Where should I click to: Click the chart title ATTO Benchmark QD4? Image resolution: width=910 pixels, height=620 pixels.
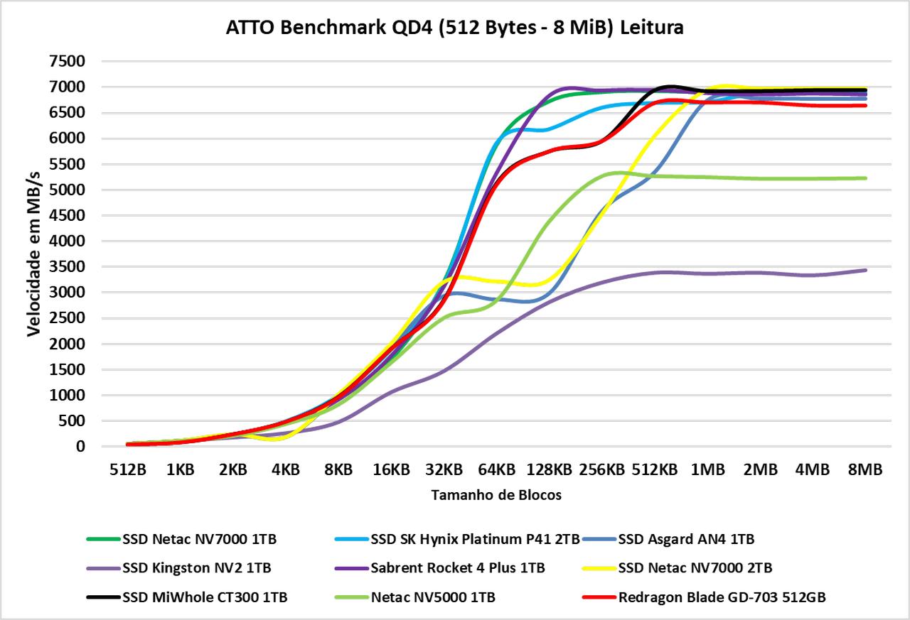pos(455,28)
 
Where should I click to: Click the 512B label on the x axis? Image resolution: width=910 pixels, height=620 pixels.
pos(127,470)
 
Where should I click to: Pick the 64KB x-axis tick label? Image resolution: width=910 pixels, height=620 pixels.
pos(496,470)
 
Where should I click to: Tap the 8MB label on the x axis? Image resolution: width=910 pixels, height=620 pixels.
pos(865,470)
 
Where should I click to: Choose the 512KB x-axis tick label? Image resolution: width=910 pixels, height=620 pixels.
pos(654,470)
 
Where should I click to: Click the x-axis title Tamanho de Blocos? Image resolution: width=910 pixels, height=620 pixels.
pos(496,496)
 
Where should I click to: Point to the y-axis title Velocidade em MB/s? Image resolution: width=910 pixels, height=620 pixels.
pos(34,254)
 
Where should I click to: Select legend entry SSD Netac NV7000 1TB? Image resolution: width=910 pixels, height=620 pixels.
pos(199,539)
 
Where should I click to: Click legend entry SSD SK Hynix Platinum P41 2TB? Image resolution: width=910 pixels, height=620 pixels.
pos(475,539)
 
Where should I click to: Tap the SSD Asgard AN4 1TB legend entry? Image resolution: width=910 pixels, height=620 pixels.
pos(686,539)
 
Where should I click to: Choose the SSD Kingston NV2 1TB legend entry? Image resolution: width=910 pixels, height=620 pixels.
pos(196,568)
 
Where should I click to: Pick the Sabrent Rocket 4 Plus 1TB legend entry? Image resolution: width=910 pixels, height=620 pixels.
pos(458,568)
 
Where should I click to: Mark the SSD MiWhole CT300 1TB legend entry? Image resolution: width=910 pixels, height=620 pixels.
pos(205,597)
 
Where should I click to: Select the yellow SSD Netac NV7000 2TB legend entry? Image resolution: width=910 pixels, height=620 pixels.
pos(695,568)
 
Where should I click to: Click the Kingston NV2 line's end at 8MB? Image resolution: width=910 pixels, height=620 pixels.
pos(865,270)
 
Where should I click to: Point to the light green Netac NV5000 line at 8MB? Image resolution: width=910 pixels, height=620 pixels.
pos(865,178)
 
